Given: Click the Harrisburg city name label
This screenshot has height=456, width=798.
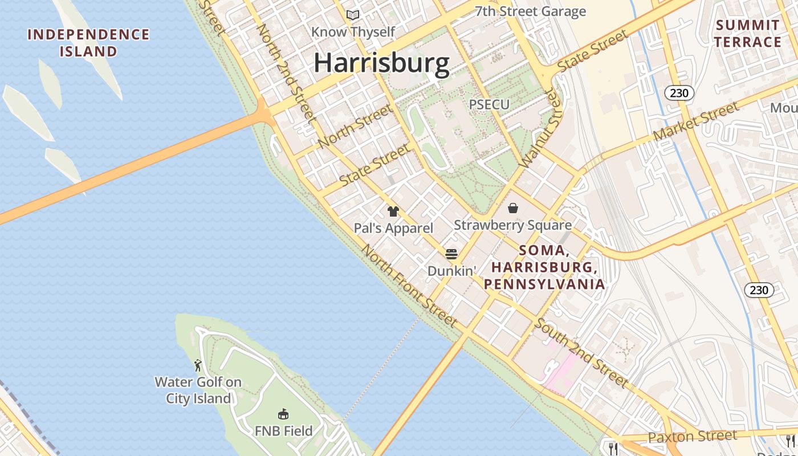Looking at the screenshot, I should click(381, 63).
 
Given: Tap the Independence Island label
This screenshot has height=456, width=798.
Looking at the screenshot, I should click(88, 43).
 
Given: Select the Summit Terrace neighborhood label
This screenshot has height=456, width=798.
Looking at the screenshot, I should click(747, 34).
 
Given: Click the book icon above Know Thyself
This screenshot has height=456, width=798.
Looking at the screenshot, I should click(353, 15).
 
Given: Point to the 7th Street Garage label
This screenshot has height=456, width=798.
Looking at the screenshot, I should click(530, 11).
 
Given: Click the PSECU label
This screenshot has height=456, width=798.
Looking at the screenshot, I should click(489, 104).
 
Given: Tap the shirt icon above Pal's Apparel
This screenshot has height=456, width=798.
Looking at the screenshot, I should click(393, 211).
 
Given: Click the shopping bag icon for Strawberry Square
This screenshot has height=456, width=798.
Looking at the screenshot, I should click(513, 209).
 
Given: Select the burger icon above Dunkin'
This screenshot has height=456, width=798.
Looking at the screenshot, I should click(451, 254).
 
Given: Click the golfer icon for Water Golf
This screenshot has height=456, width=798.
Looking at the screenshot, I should click(198, 365).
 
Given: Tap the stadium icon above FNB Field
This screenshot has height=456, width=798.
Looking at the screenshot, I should click(283, 414).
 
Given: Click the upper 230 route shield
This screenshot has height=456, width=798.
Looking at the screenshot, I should click(679, 93).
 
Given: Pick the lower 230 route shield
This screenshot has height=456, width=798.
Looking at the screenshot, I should click(759, 290).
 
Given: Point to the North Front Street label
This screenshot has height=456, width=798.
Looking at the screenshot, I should click(409, 286).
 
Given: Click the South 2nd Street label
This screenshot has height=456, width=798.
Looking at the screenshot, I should click(581, 353).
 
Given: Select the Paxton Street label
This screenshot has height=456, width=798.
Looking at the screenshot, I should click(693, 437).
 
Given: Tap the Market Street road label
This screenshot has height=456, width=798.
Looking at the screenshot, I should click(697, 121).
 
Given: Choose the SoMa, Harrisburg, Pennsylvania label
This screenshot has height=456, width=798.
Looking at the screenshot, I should click(544, 267).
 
